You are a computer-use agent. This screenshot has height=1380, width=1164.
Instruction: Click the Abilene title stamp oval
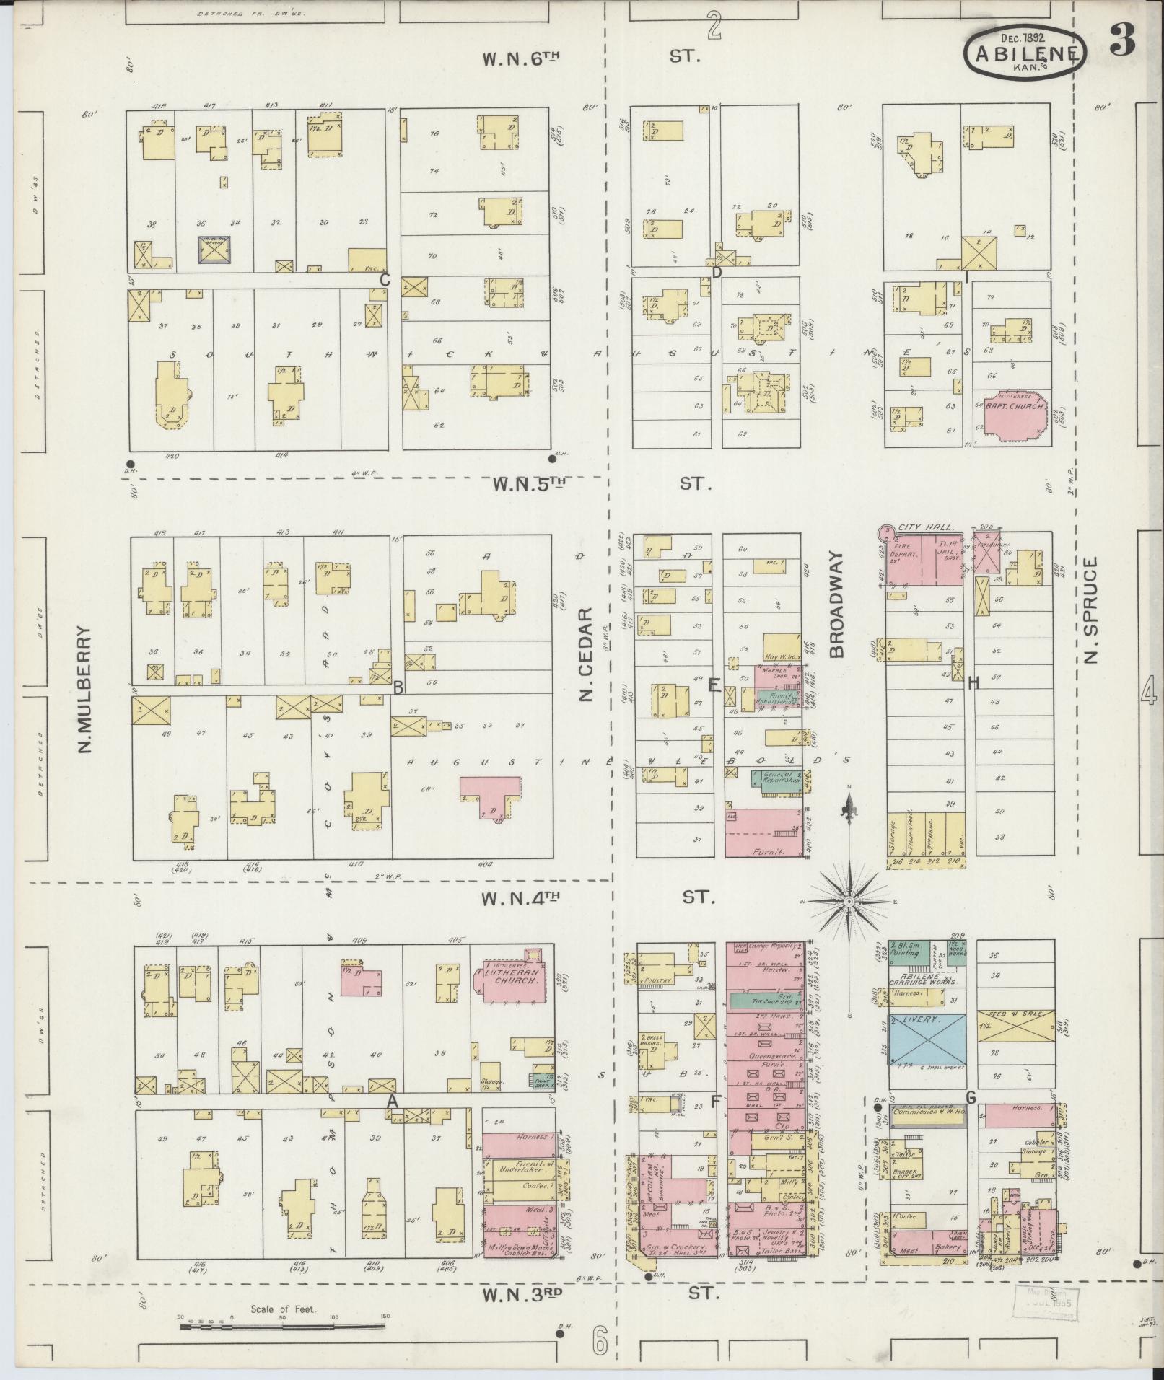click(1024, 52)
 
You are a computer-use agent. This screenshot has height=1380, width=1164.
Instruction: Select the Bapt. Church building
click(1016, 418)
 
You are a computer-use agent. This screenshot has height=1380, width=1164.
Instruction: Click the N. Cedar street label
click(586, 654)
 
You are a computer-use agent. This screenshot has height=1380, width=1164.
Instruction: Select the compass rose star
click(850, 901)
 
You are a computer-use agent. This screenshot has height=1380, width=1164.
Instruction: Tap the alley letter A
click(392, 1102)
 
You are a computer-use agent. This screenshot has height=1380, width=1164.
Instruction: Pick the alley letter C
click(385, 280)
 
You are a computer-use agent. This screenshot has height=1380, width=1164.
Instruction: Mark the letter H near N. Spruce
click(973, 683)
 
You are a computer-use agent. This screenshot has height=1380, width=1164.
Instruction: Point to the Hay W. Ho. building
click(782, 649)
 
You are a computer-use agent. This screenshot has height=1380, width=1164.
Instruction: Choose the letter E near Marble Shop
click(714, 685)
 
